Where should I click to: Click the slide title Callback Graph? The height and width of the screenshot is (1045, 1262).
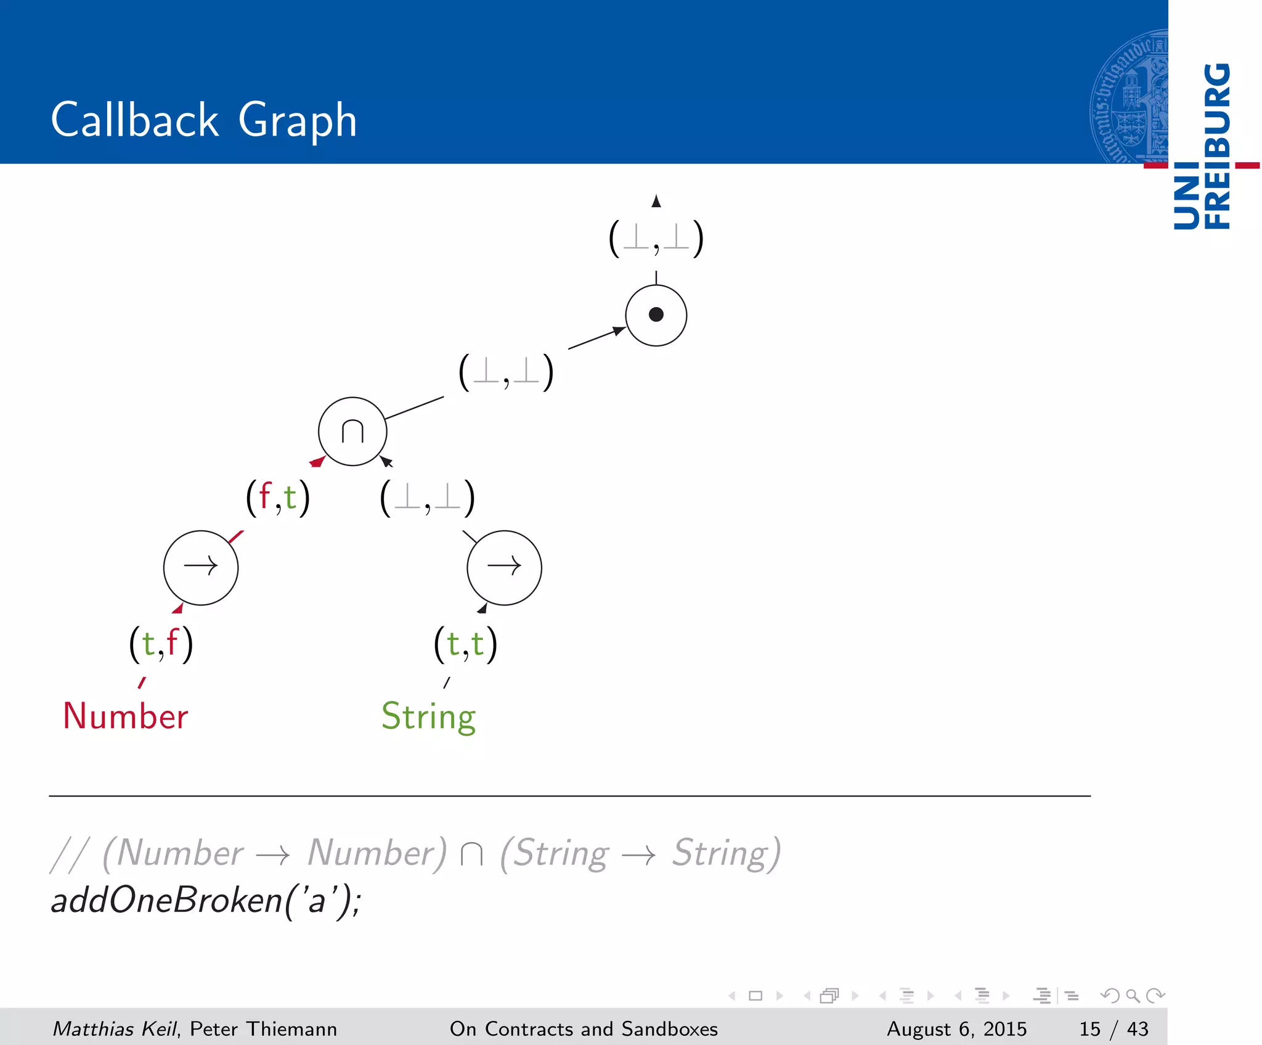tap(203, 120)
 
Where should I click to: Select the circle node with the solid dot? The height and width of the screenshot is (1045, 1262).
tap(656, 315)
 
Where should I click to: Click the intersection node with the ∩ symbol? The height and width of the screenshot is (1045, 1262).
tap(352, 431)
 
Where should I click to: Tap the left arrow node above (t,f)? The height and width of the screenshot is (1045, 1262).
tap(201, 567)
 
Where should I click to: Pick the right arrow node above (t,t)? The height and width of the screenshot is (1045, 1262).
tap(504, 567)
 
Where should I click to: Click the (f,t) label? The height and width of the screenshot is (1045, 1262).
tap(278, 498)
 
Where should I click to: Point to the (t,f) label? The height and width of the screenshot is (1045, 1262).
tap(161, 644)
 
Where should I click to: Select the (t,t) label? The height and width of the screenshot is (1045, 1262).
tap(465, 644)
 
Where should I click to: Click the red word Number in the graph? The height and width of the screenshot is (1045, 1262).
tap(126, 716)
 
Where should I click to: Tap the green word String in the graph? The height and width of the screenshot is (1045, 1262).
tap(429, 716)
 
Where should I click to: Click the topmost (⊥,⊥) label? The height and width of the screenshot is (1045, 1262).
tap(656, 239)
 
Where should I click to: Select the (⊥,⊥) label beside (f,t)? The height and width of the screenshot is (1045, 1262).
tap(428, 498)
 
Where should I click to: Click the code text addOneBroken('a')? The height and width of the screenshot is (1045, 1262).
tap(206, 900)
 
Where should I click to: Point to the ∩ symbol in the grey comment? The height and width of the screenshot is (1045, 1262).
tap(471, 854)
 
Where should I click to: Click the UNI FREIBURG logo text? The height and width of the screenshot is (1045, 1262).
tap(1202, 146)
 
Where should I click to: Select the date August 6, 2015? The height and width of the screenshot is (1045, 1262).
tap(956, 1029)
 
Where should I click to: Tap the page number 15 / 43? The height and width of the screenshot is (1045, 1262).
tap(1113, 1029)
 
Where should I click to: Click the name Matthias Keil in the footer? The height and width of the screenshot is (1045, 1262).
tap(115, 1029)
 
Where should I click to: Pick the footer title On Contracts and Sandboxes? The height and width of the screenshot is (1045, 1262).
tap(584, 1029)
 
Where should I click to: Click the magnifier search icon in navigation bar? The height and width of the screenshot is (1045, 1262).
tap(1133, 996)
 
